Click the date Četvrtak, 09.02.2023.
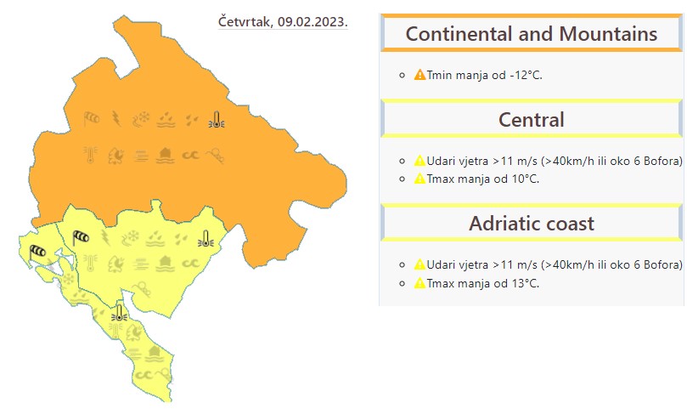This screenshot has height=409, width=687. [283, 22]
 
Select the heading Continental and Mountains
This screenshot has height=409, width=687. [531, 34]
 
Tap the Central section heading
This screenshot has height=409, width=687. [531, 120]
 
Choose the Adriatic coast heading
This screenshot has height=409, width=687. [532, 224]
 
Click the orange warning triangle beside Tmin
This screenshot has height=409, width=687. [420, 75]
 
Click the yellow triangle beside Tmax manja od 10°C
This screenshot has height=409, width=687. [420, 179]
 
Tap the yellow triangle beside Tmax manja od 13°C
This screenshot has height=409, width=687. [420, 283]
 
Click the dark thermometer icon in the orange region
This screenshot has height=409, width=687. [217, 119]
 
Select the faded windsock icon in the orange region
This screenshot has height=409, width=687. [91, 118]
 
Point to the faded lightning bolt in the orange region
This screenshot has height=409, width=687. [116, 118]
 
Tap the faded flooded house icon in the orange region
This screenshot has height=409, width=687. [166, 156]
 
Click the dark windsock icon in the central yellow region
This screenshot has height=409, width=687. [81, 238]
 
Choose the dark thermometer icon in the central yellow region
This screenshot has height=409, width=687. [206, 239]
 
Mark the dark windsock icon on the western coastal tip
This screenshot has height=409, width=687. [37, 253]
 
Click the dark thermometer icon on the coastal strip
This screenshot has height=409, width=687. [119, 313]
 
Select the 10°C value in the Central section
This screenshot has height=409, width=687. [526, 179]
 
